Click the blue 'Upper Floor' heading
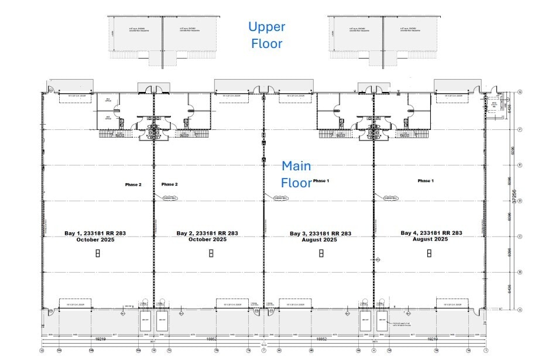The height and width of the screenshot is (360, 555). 266,35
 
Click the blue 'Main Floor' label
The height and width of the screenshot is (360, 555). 297,174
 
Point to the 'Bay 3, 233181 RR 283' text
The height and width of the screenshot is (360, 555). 320,233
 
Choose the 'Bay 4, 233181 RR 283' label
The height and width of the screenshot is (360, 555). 431,233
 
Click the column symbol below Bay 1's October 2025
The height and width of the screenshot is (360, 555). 98,253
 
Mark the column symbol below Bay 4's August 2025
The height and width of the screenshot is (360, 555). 429,253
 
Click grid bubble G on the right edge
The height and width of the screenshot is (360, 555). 520,92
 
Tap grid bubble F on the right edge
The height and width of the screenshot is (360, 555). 520,129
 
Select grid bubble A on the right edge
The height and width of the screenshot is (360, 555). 520,309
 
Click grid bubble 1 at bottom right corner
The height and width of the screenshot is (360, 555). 485,351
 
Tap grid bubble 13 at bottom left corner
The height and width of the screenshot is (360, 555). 42,351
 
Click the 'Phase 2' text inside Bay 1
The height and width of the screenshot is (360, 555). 133,184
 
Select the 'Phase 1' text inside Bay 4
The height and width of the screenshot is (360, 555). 426,181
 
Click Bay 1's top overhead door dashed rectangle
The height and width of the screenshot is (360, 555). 77,97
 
